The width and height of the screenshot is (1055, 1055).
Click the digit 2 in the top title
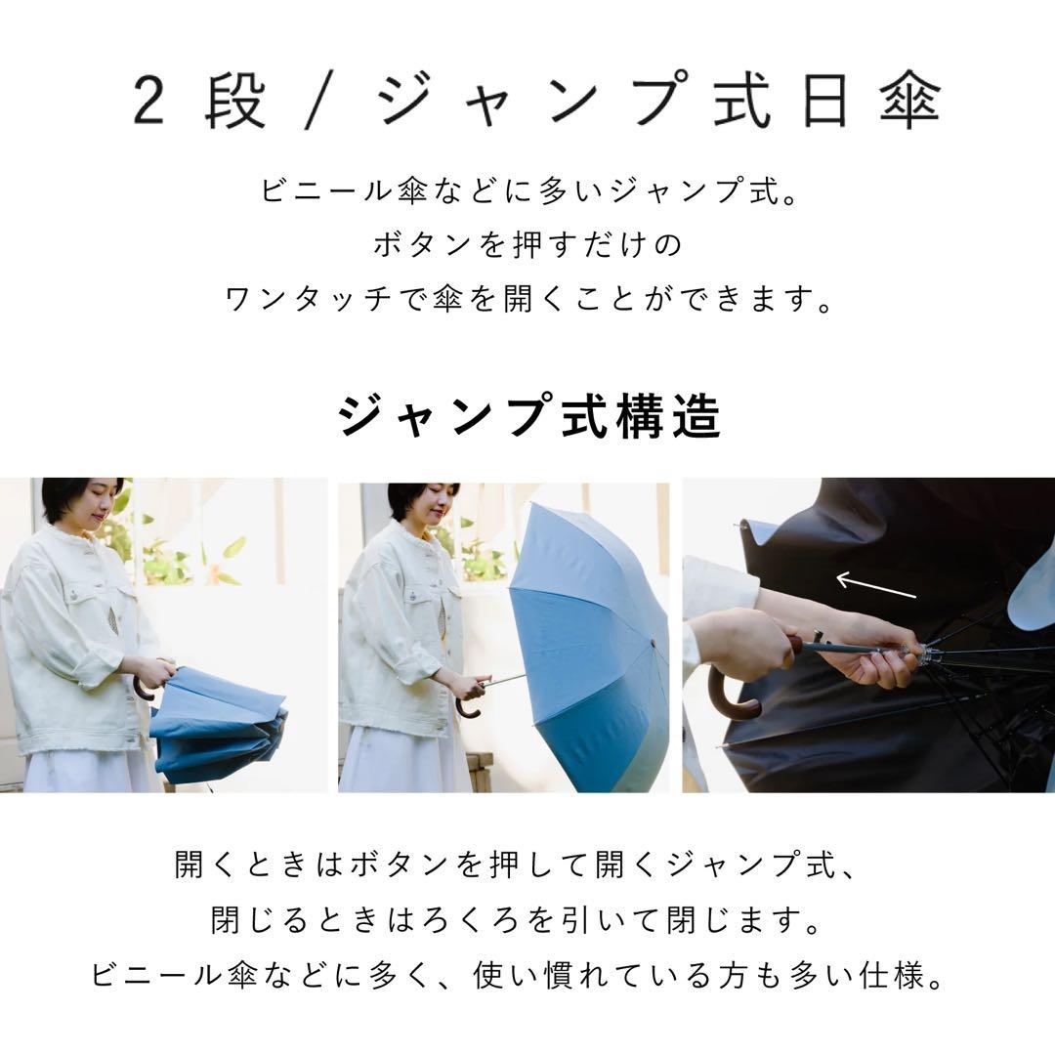click(x=148, y=102)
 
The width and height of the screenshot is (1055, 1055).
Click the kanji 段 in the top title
click(x=235, y=102)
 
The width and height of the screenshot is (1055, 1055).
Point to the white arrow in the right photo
click(x=876, y=586)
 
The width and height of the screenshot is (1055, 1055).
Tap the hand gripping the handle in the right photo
click(x=747, y=645)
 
